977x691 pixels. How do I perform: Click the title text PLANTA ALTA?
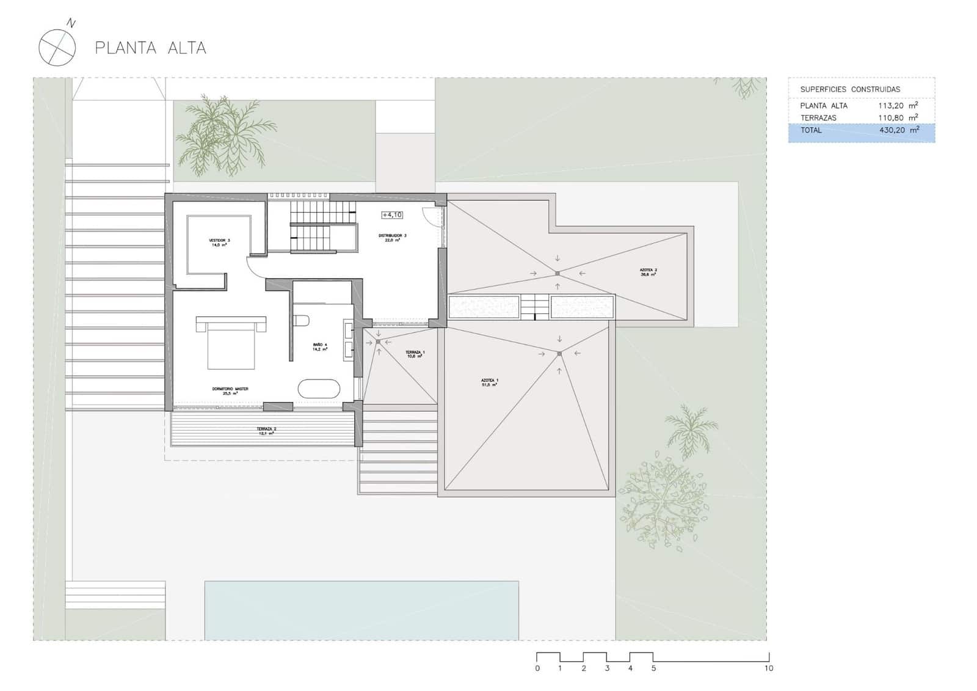click(150, 48)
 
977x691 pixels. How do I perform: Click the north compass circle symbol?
click(57, 48)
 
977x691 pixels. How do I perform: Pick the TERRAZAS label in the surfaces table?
click(818, 118)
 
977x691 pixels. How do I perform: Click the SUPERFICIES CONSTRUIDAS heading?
click(850, 89)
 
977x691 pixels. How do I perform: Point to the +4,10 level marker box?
click(392, 215)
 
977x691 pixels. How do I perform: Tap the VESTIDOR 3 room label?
click(219, 243)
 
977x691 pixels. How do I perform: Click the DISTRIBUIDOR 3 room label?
click(392, 238)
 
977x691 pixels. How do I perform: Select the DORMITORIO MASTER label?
click(230, 391)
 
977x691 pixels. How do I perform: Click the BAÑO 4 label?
click(320, 347)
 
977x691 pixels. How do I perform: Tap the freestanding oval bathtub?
click(319, 389)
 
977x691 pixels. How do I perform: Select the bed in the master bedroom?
click(231, 342)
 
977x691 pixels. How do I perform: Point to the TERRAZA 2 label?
click(266, 431)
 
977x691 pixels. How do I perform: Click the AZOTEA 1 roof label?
click(489, 382)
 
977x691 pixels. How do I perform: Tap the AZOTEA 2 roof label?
click(648, 272)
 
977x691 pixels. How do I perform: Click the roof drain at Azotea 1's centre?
click(559, 354)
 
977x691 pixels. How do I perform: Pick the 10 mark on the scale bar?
click(768, 668)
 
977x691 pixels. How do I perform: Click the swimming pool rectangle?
click(361, 610)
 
